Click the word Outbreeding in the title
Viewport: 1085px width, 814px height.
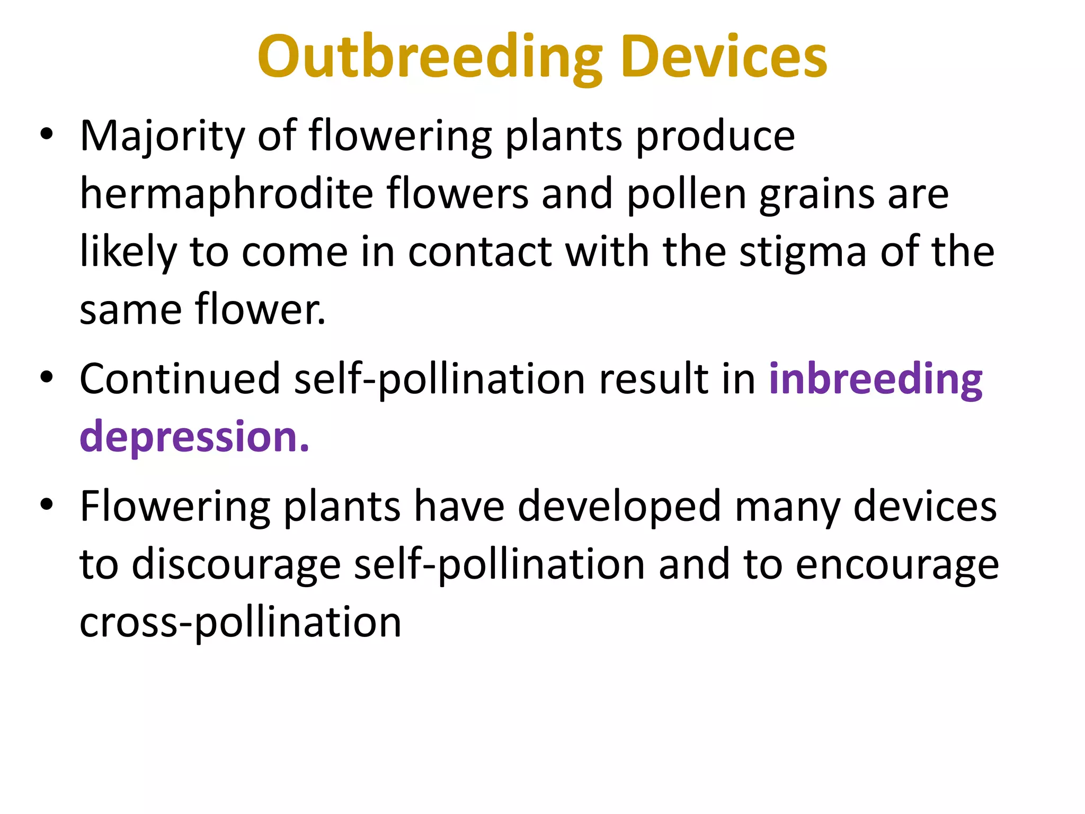[430, 57]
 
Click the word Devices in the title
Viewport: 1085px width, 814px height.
[724, 57]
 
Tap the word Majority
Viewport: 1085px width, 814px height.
[162, 137]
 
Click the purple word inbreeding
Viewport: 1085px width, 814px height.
[876, 380]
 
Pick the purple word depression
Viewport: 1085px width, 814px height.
[194, 437]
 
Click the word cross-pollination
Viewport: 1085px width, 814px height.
[240, 622]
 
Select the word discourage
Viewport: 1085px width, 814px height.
[236, 565]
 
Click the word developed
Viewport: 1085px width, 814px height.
[619, 507]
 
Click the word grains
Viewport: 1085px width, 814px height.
[816, 195]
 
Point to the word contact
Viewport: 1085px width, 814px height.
[480, 252]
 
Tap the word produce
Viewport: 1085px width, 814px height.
[715, 137]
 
